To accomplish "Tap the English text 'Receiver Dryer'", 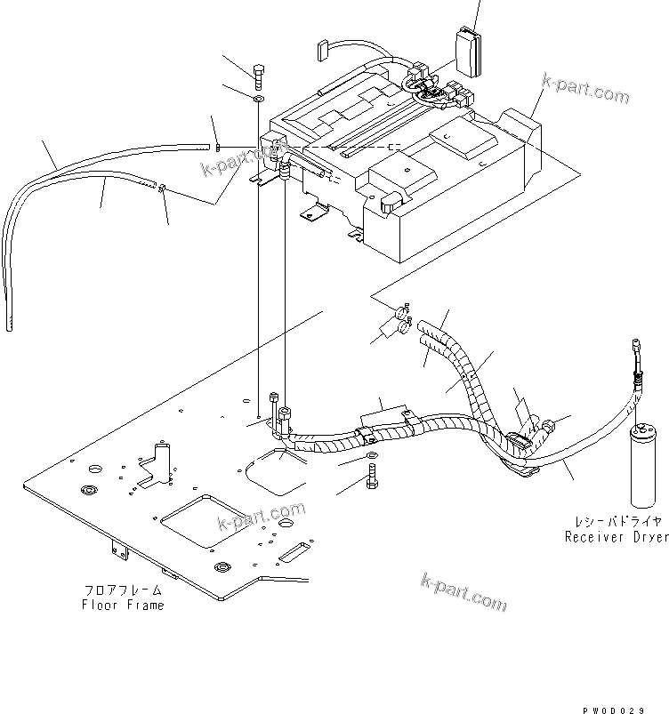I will click(616, 537).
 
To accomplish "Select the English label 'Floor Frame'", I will click(123, 605).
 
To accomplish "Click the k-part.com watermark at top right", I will click(585, 90).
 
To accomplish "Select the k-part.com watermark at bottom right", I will click(463, 591).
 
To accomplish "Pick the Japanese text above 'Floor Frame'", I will click(123, 590).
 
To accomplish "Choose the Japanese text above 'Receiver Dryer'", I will click(616, 523).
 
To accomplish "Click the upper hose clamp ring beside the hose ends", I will click(401, 312).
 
